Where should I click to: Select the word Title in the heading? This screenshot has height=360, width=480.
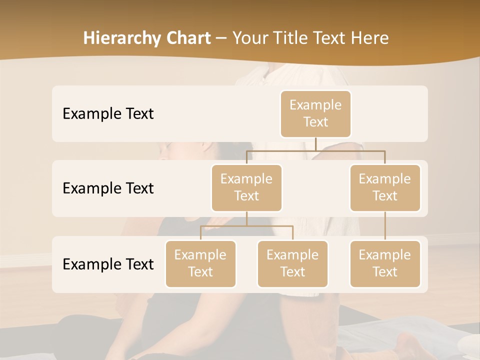tap(298, 38)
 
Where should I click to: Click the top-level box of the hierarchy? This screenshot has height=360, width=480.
tap(315, 113)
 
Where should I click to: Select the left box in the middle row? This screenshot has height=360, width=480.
tap(246, 187)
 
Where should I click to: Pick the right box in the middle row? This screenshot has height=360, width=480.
tap(385, 187)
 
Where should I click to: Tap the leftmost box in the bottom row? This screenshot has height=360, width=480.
tap(200, 263)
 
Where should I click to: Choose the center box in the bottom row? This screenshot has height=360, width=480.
tap(292, 263)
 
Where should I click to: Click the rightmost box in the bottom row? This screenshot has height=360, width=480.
tap(385, 263)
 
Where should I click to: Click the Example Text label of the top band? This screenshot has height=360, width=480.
tap(108, 113)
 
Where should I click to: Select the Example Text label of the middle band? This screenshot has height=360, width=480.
tap(108, 188)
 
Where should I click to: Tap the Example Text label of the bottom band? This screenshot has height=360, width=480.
tap(108, 264)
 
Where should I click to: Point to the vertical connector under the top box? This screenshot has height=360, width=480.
tap(315, 144)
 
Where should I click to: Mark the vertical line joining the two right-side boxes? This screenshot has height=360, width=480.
tap(385, 226)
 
